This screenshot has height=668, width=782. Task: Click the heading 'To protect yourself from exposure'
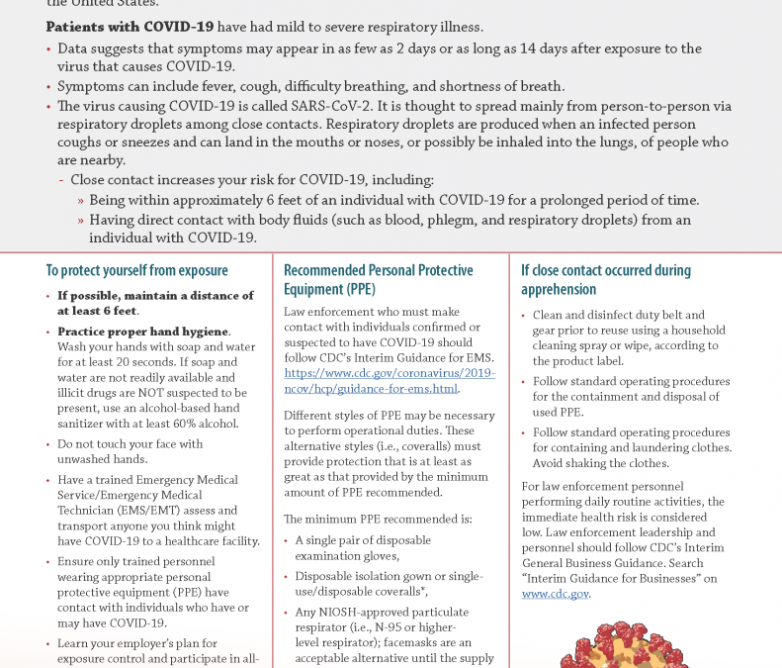pos(136,270)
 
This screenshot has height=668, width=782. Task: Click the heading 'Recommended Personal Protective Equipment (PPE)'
pos(378,279)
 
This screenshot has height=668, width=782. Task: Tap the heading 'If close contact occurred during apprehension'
pos(605,279)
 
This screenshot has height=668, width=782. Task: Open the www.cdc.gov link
pos(555,594)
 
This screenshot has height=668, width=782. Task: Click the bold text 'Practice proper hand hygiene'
pos(143,332)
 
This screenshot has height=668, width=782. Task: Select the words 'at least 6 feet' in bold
pos(97,310)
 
